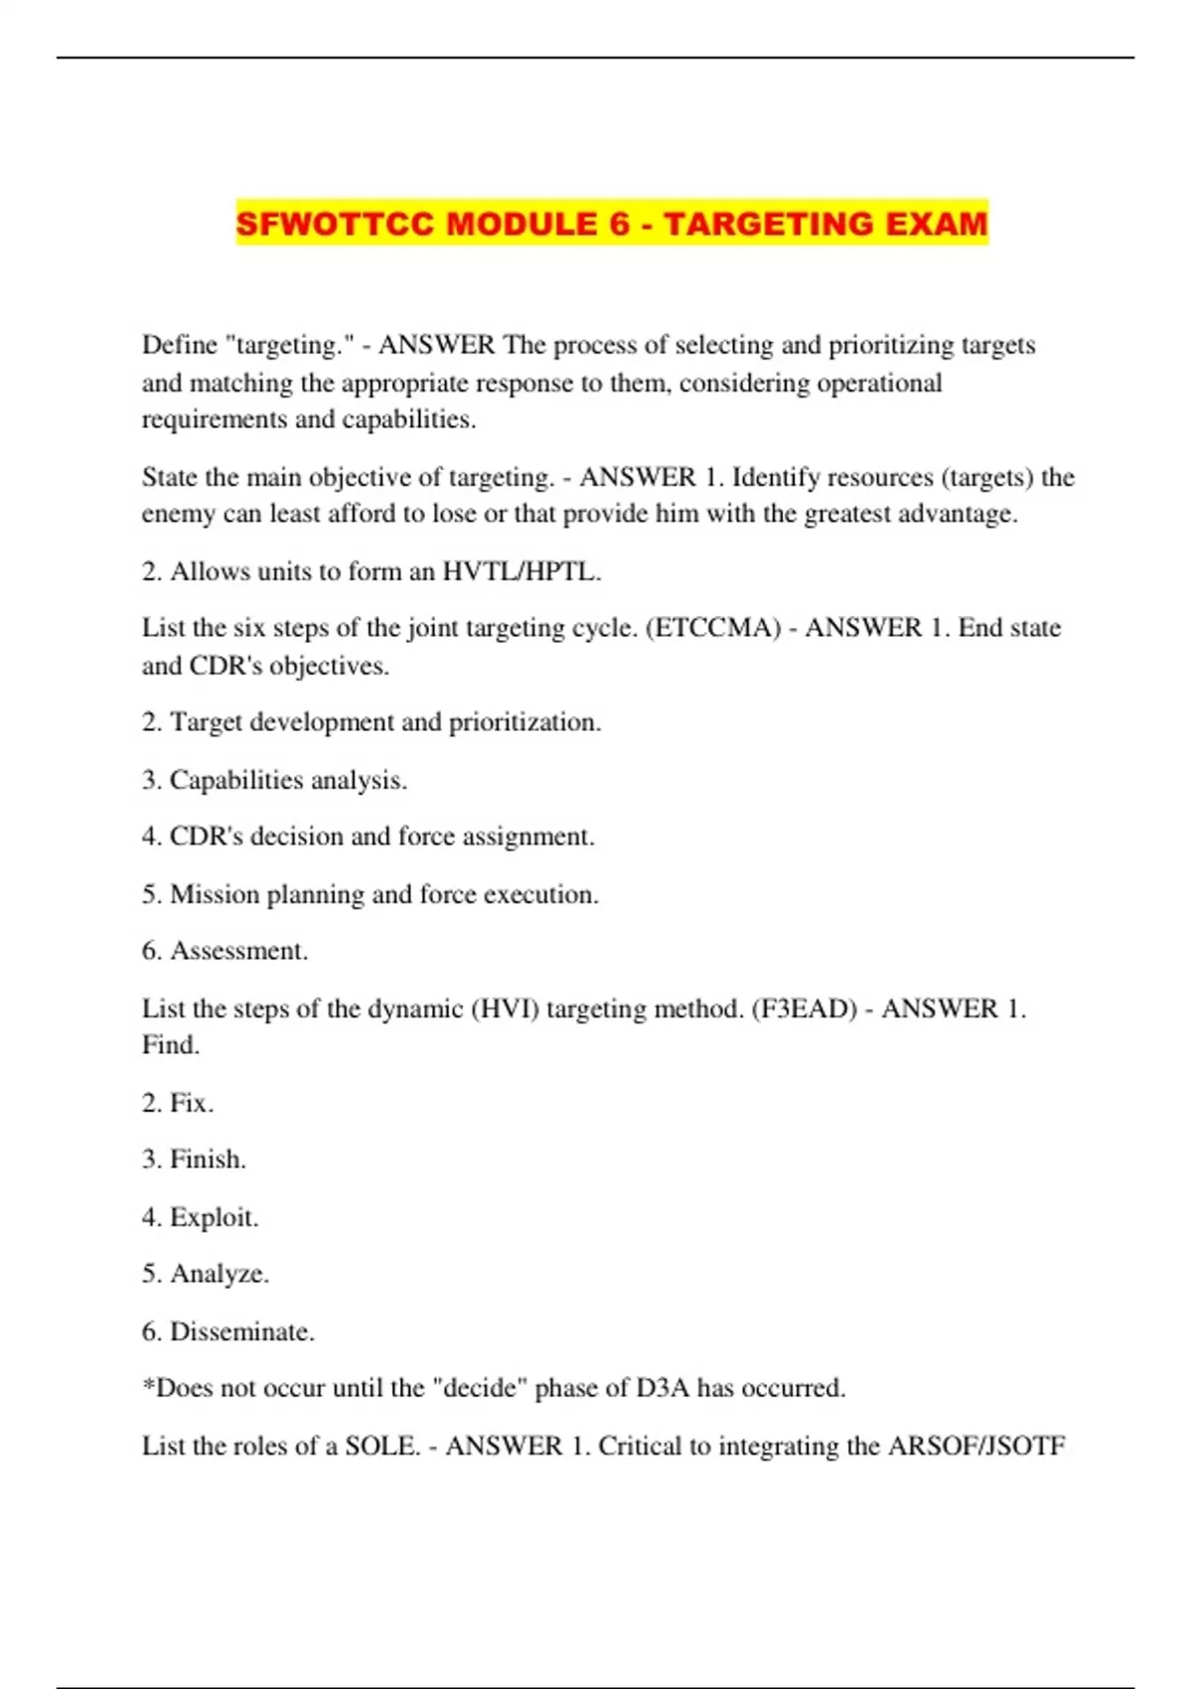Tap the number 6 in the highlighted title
pos(620,223)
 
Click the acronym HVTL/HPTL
pos(521,571)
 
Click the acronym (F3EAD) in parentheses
pos(804,1008)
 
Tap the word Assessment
pos(238,951)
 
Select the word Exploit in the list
pos(214,1217)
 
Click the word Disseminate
pos(241,1331)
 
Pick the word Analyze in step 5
pos(219,1274)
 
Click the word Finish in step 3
pos(208,1159)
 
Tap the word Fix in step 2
pos(191,1103)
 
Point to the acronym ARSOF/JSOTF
pos(975,1446)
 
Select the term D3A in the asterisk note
pos(663,1388)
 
